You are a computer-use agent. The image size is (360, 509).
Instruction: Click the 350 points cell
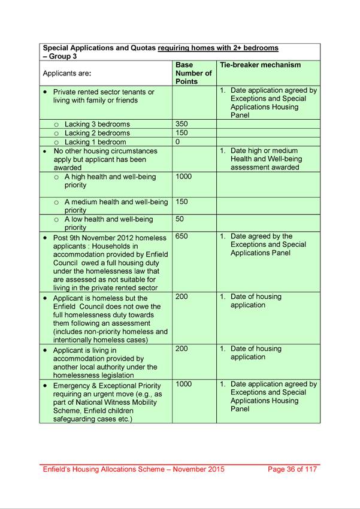pos(182,124)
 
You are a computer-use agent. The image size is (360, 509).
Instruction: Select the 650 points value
pos(182,237)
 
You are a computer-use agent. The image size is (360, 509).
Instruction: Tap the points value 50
pos(180,219)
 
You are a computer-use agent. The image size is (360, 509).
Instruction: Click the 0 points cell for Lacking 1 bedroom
pos(178,142)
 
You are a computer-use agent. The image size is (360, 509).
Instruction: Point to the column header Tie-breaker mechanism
pos(261,65)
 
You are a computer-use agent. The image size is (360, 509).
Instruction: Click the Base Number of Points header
pos(193,73)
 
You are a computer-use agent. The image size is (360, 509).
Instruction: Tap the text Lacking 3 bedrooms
pos(97,125)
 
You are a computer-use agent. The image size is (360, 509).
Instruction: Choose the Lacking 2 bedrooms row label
pos(97,133)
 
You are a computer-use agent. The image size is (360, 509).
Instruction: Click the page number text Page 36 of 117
pos(292,469)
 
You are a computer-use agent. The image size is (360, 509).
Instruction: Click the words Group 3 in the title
pos(62,56)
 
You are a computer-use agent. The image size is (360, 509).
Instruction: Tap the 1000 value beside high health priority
pos(184,177)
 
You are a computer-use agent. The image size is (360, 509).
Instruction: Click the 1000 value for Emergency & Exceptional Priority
pos(184,384)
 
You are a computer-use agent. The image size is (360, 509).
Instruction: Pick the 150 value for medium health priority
pos(182,202)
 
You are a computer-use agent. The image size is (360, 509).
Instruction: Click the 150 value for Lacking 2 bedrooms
pos(182,133)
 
